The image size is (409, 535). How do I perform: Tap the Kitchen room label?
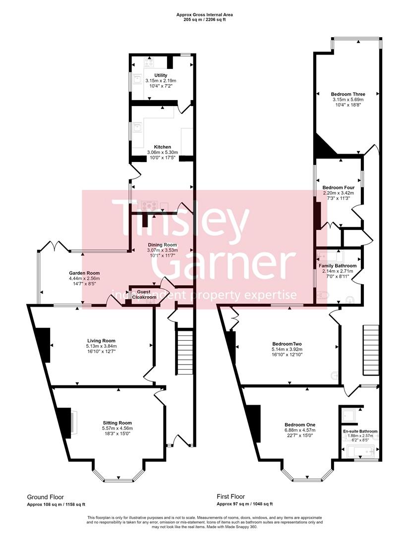click(163, 147)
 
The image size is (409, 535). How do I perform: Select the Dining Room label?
click(162, 245)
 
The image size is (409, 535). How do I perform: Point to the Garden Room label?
click(84, 273)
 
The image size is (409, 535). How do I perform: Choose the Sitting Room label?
click(117, 423)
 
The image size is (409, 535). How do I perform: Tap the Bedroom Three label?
click(349, 94)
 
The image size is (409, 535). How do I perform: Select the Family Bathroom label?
click(338, 266)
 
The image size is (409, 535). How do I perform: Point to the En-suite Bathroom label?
click(360, 431)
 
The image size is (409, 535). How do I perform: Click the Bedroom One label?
click(300, 425)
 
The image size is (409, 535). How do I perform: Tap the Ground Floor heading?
click(45, 496)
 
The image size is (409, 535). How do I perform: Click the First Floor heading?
click(231, 496)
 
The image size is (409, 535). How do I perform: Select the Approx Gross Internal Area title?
click(204, 15)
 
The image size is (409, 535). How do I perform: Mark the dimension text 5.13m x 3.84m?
click(101, 346)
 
